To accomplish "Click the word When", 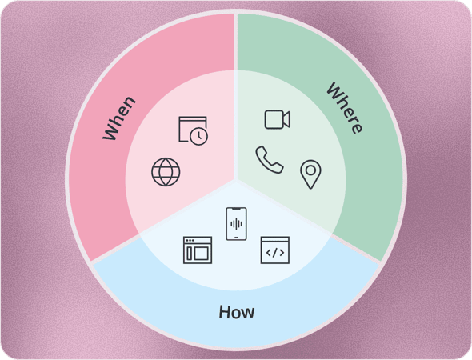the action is (119, 118).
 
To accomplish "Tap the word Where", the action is (346, 108).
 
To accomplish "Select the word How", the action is (237, 312).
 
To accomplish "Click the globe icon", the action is (166, 172).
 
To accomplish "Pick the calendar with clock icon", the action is (193, 130).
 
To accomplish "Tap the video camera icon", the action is (278, 119).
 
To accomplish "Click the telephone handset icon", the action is (270, 159).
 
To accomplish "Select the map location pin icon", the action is (310, 174).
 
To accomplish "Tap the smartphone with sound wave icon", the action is (236, 224).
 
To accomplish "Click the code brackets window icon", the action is (275, 250).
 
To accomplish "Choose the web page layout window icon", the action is (198, 250).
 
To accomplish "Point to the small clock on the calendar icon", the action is (199, 136).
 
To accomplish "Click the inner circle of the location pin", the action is (310, 170).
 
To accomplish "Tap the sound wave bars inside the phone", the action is (236, 224).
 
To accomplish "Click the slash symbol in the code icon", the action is (275, 253).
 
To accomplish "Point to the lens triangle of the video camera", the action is (287, 119).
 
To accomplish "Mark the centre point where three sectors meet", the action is (236, 180).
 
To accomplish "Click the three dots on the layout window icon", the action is (190, 241).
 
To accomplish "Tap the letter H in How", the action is (224, 311).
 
